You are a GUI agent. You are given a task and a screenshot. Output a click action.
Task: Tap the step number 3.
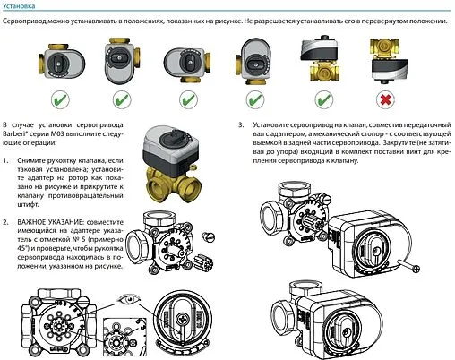[x=242, y=125]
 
